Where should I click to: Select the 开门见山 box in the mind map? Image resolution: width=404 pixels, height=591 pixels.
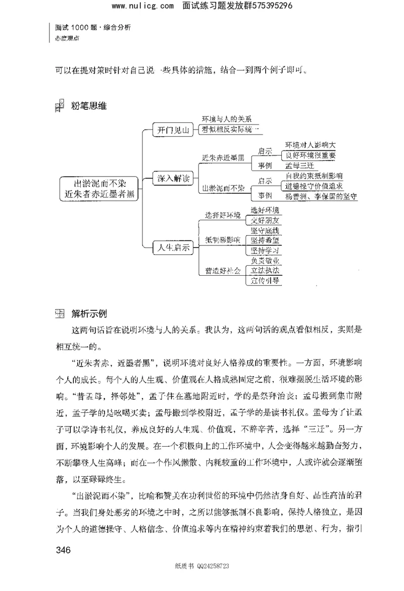[x=172, y=131]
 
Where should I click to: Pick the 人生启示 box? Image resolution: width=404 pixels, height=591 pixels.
[x=172, y=248]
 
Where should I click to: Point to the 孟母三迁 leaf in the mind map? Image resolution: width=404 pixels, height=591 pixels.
[x=300, y=165]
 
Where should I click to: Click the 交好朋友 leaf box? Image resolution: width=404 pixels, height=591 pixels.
[x=264, y=221]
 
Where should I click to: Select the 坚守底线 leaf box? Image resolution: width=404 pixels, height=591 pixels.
[x=264, y=231]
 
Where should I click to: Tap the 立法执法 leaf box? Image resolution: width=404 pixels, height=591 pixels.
[x=264, y=271]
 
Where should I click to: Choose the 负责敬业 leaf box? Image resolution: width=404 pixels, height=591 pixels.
[x=264, y=261]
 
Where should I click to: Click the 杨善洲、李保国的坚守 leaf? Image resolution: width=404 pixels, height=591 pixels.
[x=321, y=196]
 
